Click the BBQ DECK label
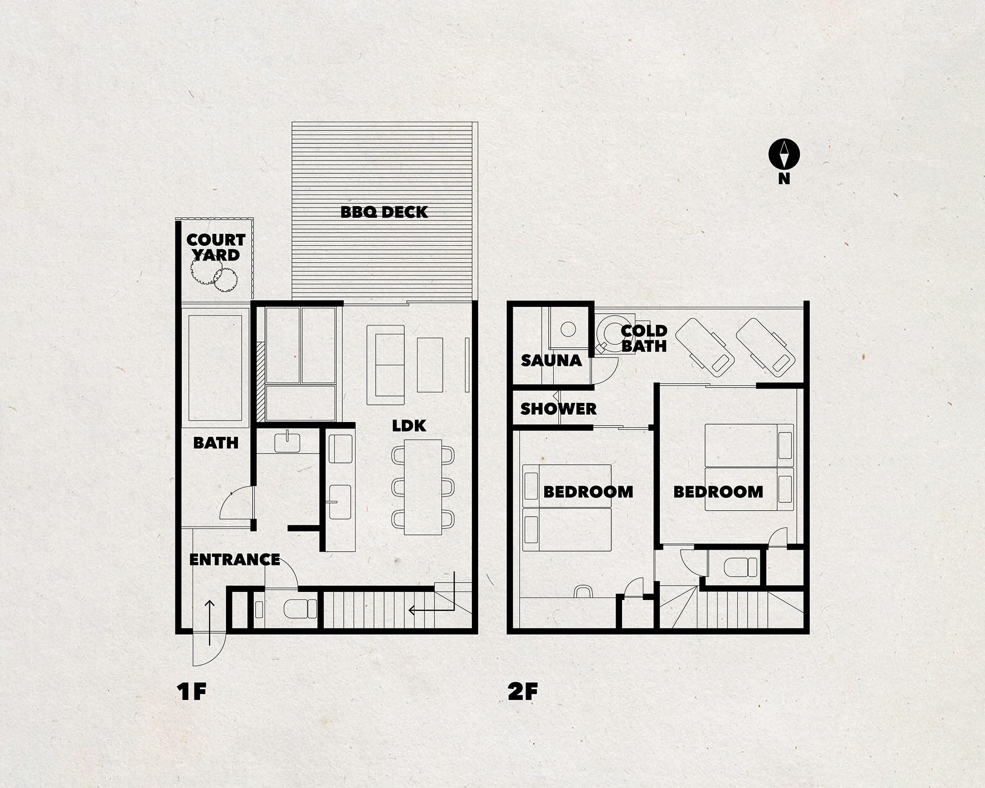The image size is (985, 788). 384,212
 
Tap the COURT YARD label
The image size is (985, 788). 216,247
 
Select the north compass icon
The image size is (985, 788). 784,154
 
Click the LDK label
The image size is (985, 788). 409,426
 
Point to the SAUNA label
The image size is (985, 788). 551,361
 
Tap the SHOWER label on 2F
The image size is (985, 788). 558,409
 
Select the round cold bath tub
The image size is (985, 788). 611,331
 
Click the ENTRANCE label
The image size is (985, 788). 234,559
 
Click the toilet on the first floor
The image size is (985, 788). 300,609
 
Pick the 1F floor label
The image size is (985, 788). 191,691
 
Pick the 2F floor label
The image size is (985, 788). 523,691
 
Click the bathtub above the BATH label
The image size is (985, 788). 216,367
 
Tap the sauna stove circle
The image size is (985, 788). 568,328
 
